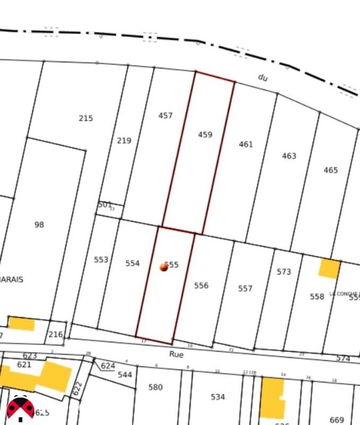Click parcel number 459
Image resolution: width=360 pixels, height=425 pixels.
205,135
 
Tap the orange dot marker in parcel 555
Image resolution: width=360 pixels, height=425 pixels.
164,267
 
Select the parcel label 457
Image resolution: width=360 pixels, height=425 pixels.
166,115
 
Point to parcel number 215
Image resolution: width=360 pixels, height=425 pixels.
85,118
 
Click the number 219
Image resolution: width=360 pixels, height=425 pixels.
124,141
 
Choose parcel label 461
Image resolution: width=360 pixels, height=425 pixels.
246,144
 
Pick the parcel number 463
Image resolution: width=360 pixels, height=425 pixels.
289,156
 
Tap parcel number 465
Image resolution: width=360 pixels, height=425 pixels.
330,171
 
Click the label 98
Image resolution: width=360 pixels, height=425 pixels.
39,225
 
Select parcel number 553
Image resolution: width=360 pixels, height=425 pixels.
101,260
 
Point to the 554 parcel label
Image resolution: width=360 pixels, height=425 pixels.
132,263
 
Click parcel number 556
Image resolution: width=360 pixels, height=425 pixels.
201,286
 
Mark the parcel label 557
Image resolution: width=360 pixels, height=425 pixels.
245,288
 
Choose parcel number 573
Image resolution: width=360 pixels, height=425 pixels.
284,272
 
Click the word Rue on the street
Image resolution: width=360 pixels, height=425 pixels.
176,354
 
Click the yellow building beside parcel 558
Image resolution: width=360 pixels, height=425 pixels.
329,268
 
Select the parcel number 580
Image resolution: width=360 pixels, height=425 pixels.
156,387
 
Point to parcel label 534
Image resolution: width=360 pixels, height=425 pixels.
218,397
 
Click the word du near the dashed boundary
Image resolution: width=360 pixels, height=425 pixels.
263,78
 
